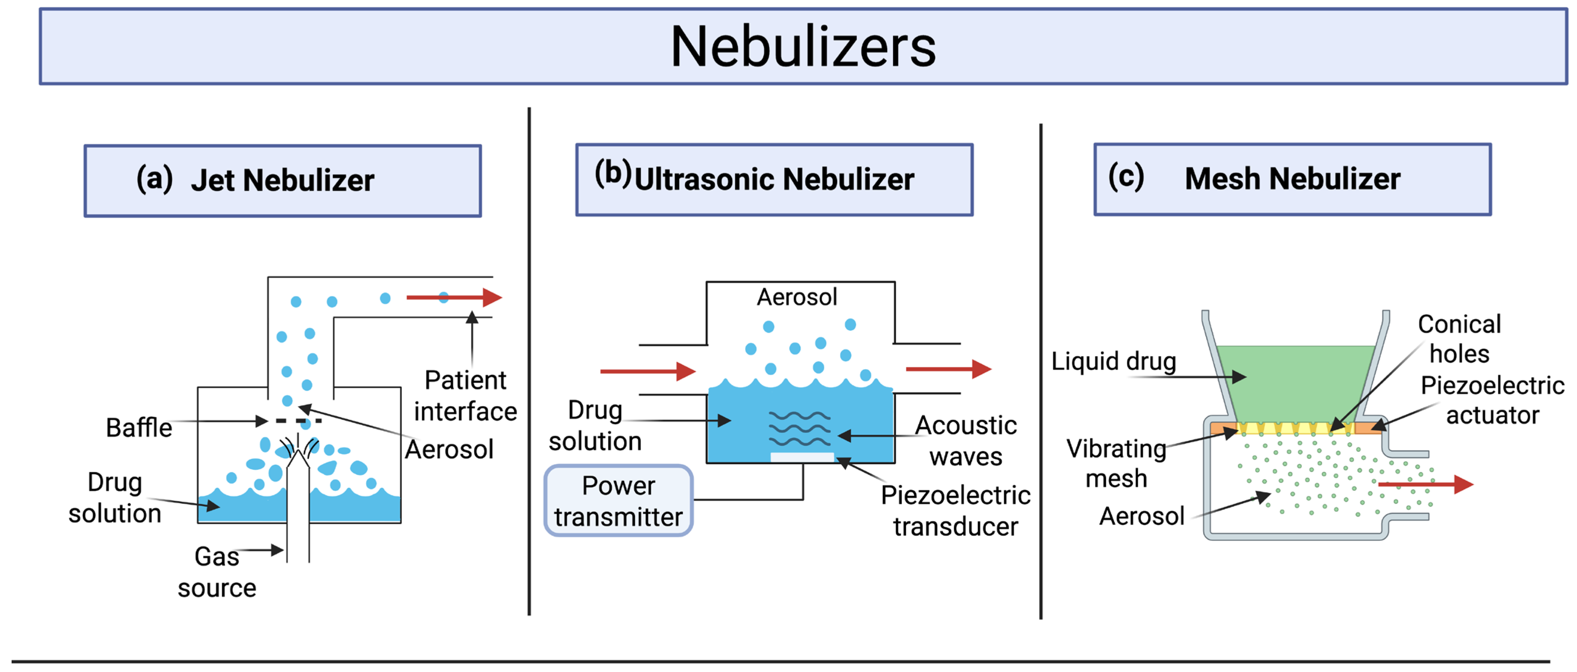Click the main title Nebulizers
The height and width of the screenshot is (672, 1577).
pos(802,47)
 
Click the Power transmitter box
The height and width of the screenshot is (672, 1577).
pos(618,501)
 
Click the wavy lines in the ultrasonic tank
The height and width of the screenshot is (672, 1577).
pos(800,429)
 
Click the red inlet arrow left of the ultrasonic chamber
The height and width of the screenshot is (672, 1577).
pos(647,371)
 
